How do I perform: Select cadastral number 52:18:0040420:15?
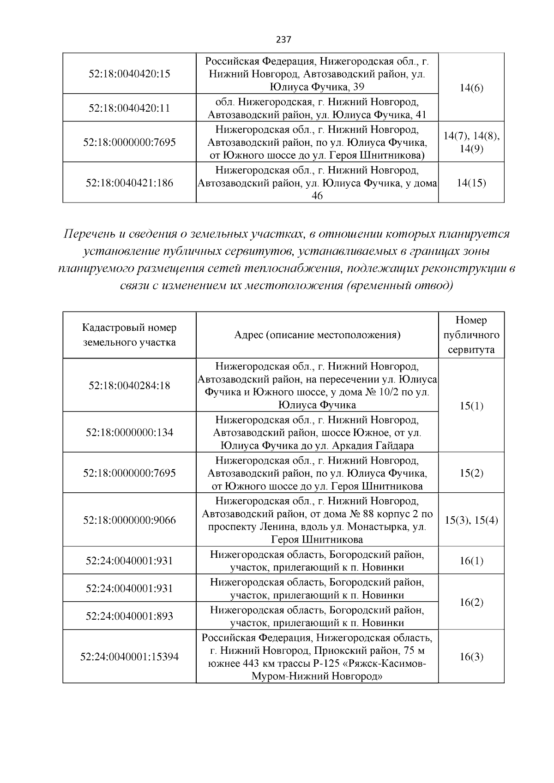coord(129,74)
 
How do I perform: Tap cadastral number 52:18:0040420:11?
coord(129,108)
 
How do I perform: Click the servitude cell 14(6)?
coord(471,88)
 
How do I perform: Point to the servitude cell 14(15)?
coord(471,183)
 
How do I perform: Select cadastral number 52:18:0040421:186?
coord(129,183)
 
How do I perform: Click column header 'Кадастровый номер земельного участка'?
coord(129,335)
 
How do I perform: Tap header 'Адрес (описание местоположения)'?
coord(317,335)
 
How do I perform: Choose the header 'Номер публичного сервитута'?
coord(471,335)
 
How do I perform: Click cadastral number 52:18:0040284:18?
coord(129,385)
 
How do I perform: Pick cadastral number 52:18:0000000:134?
coord(129,432)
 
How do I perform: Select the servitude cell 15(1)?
coord(471,406)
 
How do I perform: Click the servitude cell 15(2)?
coord(471,473)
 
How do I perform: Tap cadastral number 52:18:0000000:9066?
coord(129,520)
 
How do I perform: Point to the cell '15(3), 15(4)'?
coord(471,520)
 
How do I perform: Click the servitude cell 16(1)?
coord(471,561)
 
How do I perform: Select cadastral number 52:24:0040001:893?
coord(129,616)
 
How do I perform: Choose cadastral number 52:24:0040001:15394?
coord(129,657)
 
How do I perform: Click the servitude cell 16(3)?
coord(471,657)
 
